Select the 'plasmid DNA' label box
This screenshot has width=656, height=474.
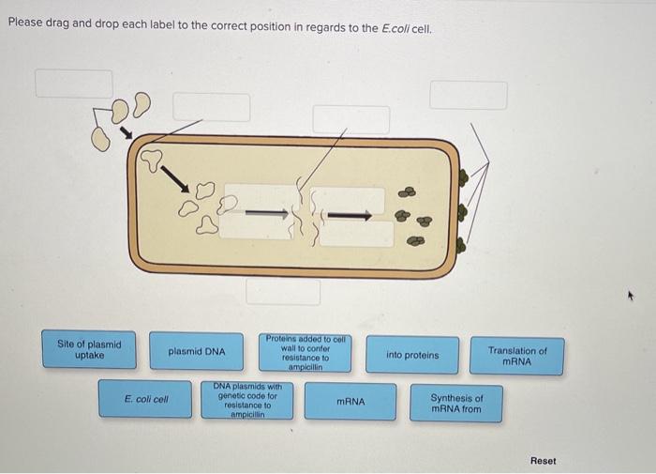(197, 352)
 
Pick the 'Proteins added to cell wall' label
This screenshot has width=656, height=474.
(305, 352)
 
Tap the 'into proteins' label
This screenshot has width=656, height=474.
(412, 355)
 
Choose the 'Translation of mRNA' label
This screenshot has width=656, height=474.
(517, 356)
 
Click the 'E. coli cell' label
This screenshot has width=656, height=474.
(146, 399)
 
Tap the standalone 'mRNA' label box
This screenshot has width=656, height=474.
(350, 402)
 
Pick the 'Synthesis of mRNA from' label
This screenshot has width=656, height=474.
(456, 404)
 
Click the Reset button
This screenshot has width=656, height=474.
(543, 461)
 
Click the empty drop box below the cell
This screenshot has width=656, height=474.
(283, 292)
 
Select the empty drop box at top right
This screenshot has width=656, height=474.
(469, 95)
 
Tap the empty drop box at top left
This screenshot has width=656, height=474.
(74, 83)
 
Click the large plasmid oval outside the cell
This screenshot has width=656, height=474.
(101, 138)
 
